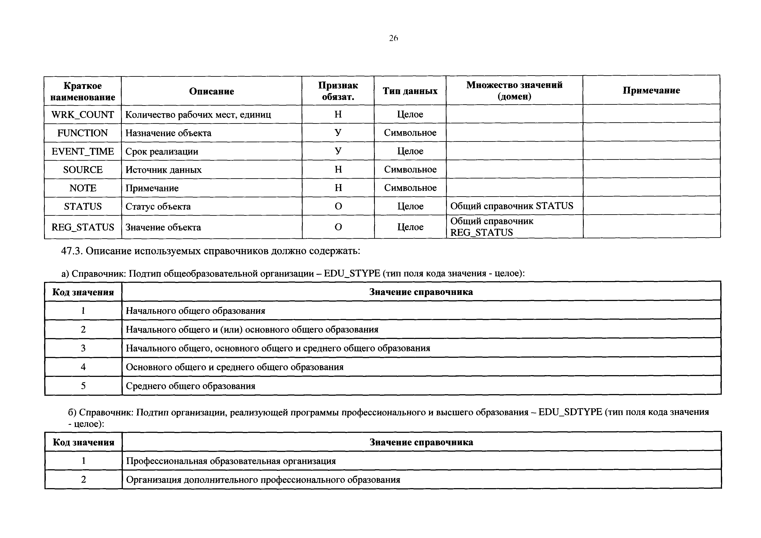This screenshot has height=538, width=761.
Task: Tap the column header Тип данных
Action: pyautogui.click(x=410, y=91)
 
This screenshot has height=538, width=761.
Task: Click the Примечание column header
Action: pyautogui.click(x=651, y=90)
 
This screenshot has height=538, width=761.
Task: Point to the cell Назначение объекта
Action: pyautogui.click(x=168, y=133)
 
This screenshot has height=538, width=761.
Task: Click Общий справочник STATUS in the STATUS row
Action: pyautogui.click(x=512, y=206)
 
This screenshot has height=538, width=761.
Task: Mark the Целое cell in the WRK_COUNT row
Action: pyautogui.click(x=410, y=114)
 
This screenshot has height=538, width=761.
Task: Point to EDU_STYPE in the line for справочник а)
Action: pyautogui.click(x=352, y=273)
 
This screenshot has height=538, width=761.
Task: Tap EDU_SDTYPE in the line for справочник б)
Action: pyautogui.click(x=570, y=412)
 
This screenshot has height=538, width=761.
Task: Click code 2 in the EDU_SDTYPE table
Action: pyautogui.click(x=84, y=480)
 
